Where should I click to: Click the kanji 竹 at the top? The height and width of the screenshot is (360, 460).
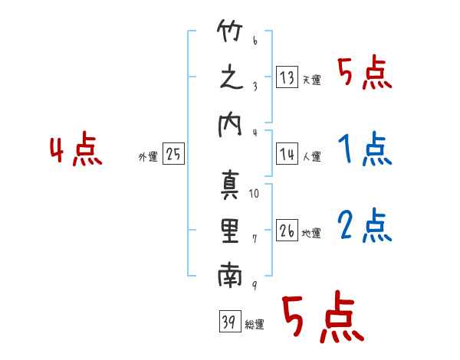click(230, 31)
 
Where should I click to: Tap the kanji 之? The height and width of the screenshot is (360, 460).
click(232, 77)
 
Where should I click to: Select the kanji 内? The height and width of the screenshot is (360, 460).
click(230, 125)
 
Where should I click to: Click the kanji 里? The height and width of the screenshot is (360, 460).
click(230, 231)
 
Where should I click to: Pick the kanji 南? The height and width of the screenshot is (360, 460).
click(230, 275)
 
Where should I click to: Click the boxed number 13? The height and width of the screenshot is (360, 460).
click(287, 77)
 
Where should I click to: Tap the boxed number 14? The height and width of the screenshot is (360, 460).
click(287, 154)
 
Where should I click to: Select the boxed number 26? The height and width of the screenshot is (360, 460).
click(287, 230)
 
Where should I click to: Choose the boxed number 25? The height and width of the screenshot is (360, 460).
click(173, 154)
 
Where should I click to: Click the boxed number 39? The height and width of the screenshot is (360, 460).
click(230, 322)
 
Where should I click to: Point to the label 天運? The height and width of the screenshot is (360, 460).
click(311, 80)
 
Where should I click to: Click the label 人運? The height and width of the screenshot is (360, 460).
click(311, 156)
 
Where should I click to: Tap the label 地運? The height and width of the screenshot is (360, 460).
click(311, 233)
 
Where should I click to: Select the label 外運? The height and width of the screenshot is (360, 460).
click(148, 156)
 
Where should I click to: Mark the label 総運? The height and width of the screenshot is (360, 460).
click(255, 325)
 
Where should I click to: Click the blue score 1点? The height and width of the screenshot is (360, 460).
click(365, 149)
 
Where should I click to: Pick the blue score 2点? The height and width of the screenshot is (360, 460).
click(365, 225)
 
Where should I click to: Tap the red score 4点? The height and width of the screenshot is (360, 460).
click(76, 149)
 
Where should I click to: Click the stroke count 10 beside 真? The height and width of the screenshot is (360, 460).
click(254, 194)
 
